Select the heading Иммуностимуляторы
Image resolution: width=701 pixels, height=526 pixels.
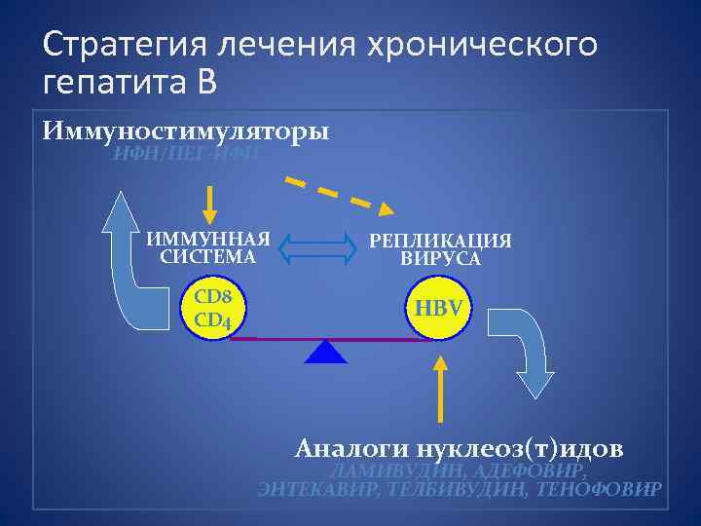pyautogui.click(x=186, y=131)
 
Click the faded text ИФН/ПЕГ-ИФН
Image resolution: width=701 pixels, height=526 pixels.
pyautogui.click(x=186, y=152)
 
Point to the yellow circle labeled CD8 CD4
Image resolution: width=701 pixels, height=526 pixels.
pyautogui.click(x=213, y=307)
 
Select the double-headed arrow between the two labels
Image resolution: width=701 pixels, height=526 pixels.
pyautogui.click(x=319, y=247)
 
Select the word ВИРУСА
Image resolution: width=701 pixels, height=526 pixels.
pyautogui.click(x=441, y=259)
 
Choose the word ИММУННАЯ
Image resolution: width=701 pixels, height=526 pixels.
pyautogui.click(x=208, y=240)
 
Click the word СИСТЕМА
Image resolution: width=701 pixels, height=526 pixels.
pyautogui.click(x=208, y=257)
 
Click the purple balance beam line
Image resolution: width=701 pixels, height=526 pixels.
pyautogui.click(x=331, y=339)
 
